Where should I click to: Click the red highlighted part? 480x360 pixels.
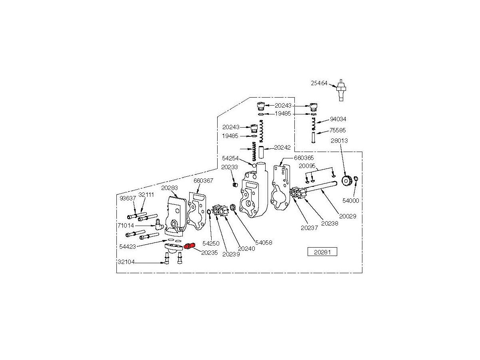[189, 245]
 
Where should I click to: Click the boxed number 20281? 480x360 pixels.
[322, 252]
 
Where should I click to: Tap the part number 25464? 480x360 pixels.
[319, 83]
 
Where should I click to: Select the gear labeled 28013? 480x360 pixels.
[347, 181]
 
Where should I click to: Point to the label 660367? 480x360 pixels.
[203, 180]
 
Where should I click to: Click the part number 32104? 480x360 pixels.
[126, 262]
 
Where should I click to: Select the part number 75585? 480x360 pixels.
[338, 130]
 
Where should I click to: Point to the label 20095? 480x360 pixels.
[308, 166]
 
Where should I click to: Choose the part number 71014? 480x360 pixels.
[126, 225]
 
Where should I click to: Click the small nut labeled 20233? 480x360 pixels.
[236, 184]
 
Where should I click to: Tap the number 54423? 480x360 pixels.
[128, 246]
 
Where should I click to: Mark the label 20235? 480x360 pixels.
[209, 252]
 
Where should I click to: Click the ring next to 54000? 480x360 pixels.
[356, 179]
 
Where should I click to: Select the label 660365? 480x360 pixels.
[304, 158]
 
